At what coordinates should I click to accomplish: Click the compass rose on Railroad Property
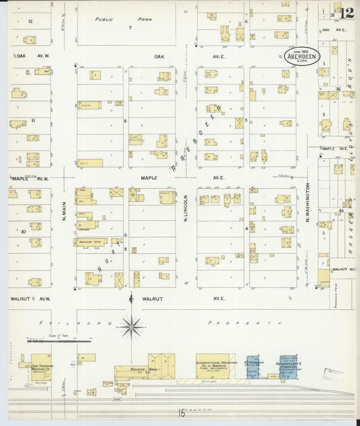[131, 327]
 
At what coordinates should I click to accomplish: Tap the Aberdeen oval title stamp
[302, 56]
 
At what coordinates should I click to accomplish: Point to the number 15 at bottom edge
[182, 412]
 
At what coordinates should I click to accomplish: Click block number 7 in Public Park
[130, 28]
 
